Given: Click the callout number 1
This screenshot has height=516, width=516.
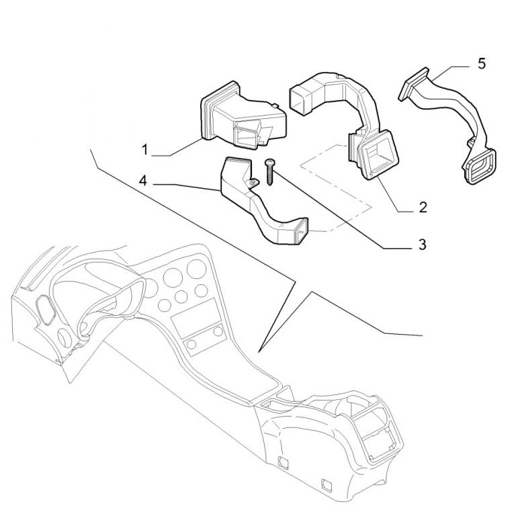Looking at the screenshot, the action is tap(144, 150).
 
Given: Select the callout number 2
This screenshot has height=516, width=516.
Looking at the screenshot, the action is tap(423, 208).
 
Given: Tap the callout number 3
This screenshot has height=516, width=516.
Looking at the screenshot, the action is tap(422, 245).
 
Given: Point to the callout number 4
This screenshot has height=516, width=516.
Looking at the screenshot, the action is tap(143, 181).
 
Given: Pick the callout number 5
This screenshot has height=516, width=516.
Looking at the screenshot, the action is tap(482, 64).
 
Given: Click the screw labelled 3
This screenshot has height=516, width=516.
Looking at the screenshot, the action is tap(270, 172).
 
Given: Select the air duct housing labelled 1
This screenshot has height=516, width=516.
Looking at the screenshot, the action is tap(243, 116).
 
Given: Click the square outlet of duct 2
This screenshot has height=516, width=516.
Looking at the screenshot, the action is tap(380, 154).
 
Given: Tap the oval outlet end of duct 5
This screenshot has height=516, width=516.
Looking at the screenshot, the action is tap(480, 167).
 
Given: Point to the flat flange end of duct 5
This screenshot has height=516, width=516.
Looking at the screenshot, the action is tap(413, 84).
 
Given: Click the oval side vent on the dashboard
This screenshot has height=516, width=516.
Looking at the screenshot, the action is tap(46, 309).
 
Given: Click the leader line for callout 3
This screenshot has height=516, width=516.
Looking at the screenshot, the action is tap(342, 210).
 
